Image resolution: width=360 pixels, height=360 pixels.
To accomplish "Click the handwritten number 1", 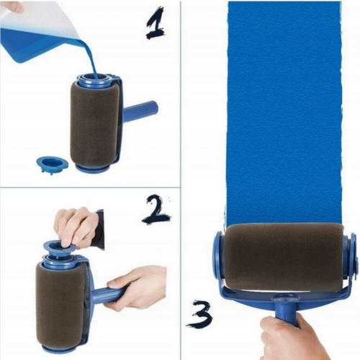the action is click(156, 24).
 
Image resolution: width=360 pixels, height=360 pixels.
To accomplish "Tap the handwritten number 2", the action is click(156, 211).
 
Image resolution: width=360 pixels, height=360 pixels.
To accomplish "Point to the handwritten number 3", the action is click(199, 314).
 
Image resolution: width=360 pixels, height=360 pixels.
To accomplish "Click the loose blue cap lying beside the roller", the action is click(53, 164).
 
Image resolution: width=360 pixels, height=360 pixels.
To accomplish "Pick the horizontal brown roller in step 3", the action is click(283, 257).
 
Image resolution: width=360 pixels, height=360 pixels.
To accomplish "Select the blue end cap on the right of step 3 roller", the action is click(351, 257).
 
